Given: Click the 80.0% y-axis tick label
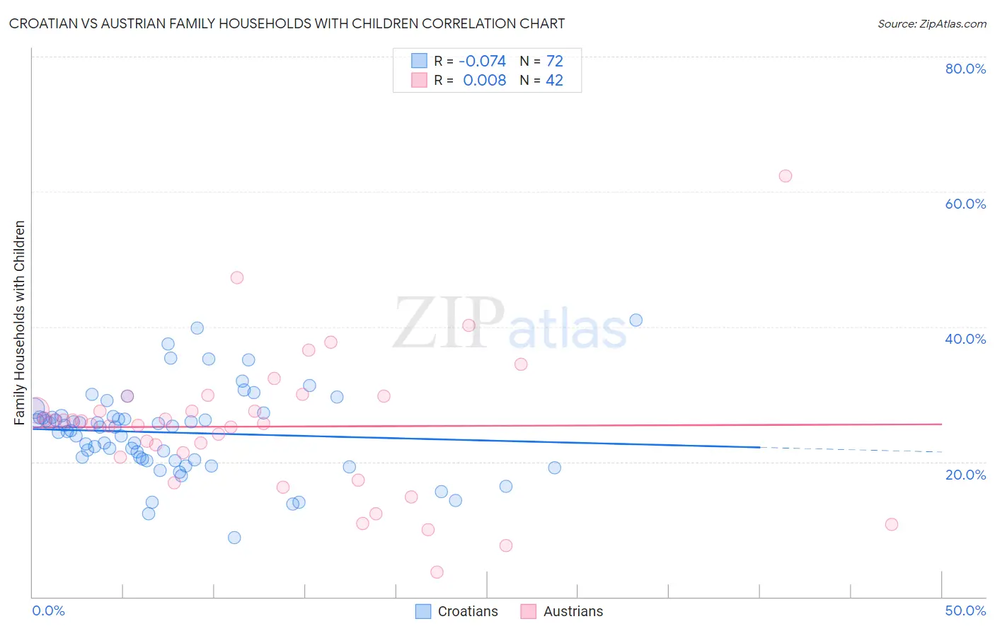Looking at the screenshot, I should (x=965, y=69).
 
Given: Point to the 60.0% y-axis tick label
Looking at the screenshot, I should (x=965, y=204).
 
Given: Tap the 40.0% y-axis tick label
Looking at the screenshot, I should (x=965, y=339).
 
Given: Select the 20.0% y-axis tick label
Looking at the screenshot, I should (x=965, y=475).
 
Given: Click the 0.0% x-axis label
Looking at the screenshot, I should (x=48, y=610).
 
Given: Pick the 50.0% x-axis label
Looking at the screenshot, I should (x=965, y=610).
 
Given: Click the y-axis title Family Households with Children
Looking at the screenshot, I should (x=19, y=323).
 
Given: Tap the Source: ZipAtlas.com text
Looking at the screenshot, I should (x=931, y=23).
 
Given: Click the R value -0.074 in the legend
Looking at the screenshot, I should (x=482, y=62).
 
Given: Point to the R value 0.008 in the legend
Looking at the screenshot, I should (x=484, y=80).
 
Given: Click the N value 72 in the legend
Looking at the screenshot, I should (x=555, y=62).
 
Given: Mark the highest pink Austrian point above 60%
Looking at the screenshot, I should (x=785, y=176).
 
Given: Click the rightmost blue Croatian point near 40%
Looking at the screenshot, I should (x=635, y=320).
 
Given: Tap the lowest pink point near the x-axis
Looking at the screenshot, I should (x=437, y=572).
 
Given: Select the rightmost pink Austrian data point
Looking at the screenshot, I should (x=892, y=524).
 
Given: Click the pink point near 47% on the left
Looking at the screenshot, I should (x=237, y=277).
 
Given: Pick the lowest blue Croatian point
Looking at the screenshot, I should (x=234, y=538).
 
